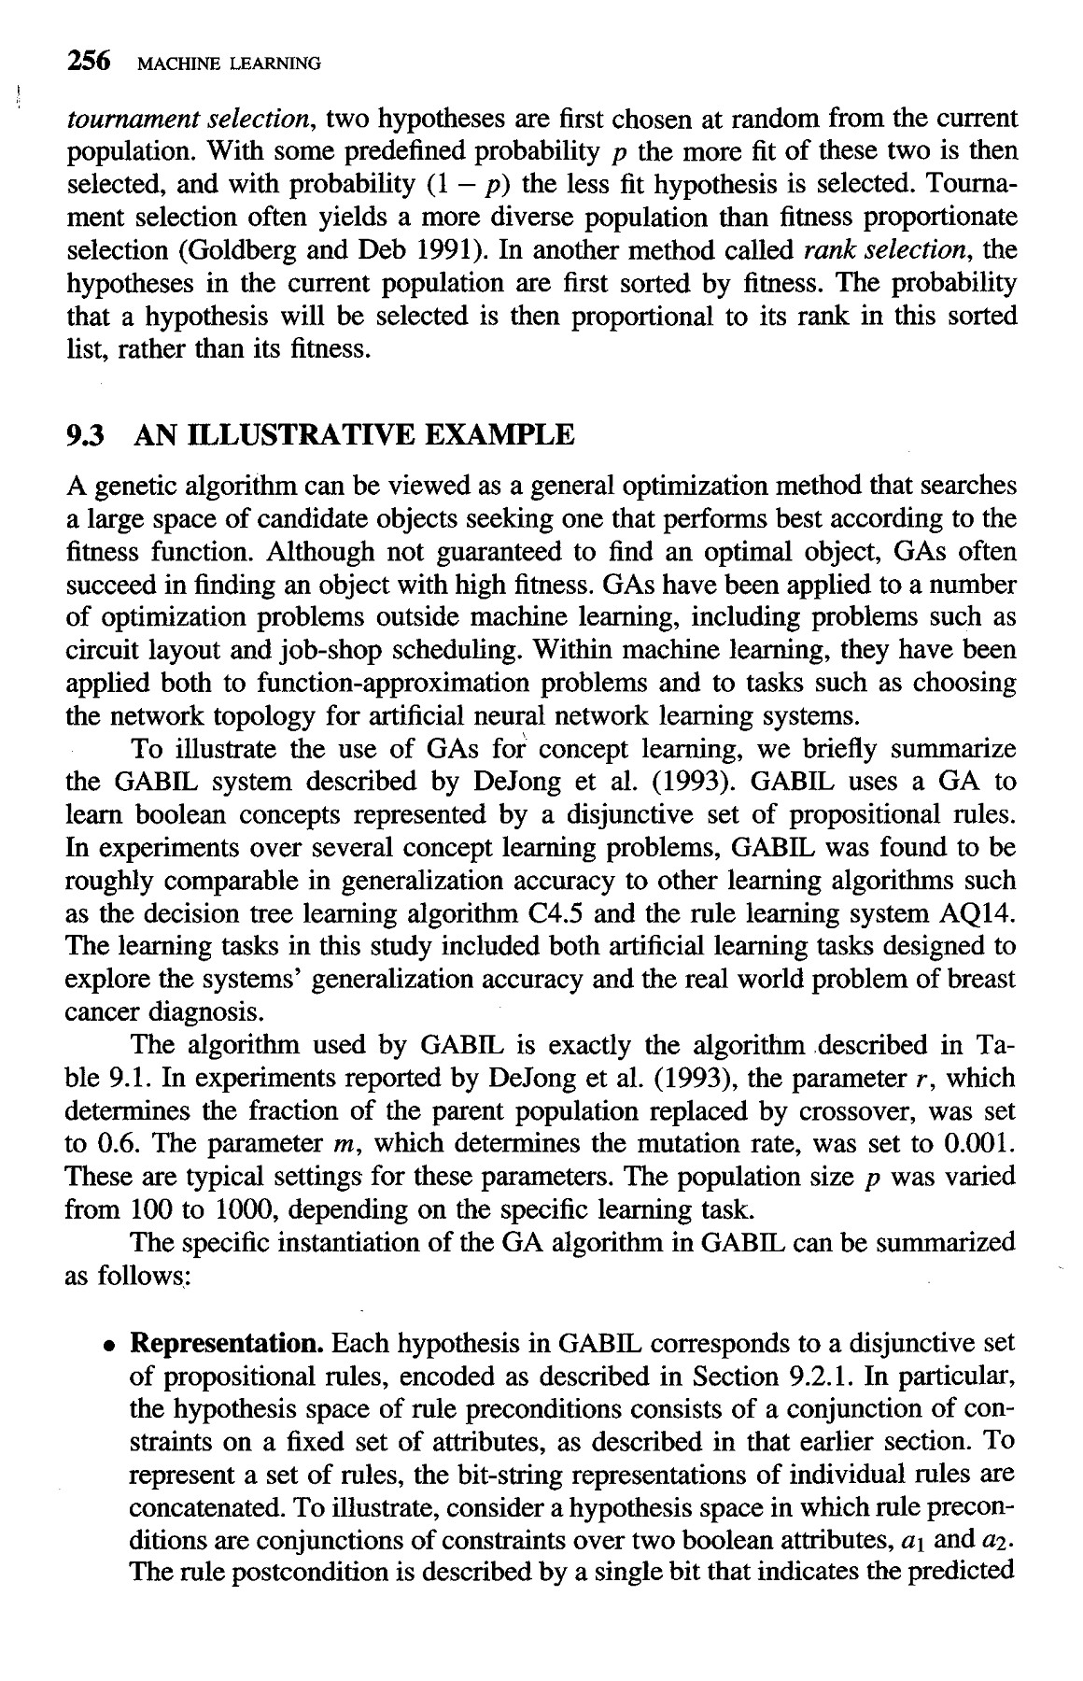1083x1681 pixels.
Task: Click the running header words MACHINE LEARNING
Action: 229,64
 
